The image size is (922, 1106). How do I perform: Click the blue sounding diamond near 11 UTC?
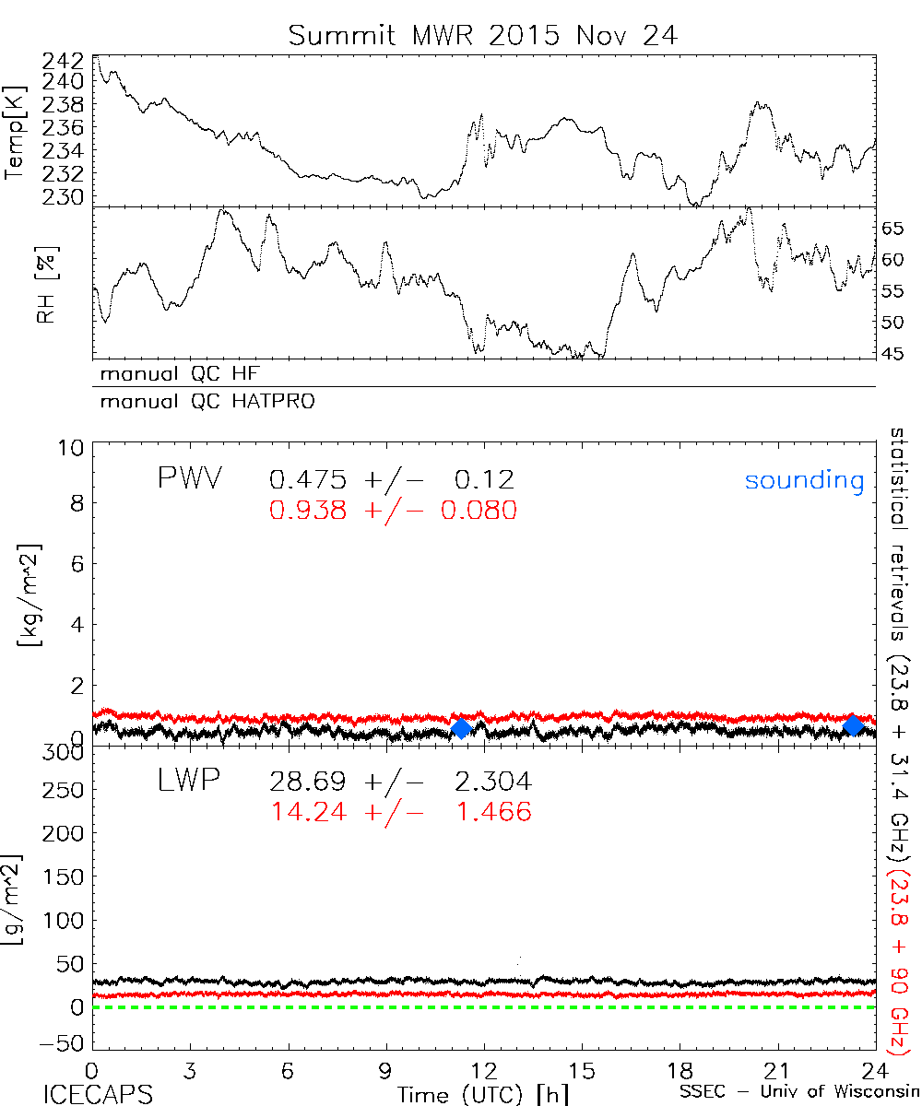click(x=462, y=728)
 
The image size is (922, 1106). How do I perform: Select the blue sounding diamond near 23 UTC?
click(x=854, y=725)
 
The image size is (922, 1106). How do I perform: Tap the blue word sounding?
click(x=804, y=481)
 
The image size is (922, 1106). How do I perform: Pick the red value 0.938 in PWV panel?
click(x=308, y=510)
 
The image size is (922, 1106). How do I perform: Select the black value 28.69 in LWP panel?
click(x=308, y=782)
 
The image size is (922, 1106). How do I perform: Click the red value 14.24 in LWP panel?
click(x=308, y=812)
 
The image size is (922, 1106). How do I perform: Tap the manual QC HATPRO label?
click(x=200, y=402)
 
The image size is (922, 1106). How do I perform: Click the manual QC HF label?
click(x=173, y=375)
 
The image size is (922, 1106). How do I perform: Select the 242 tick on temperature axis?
click(x=62, y=62)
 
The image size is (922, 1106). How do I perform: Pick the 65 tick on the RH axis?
click(x=895, y=229)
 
